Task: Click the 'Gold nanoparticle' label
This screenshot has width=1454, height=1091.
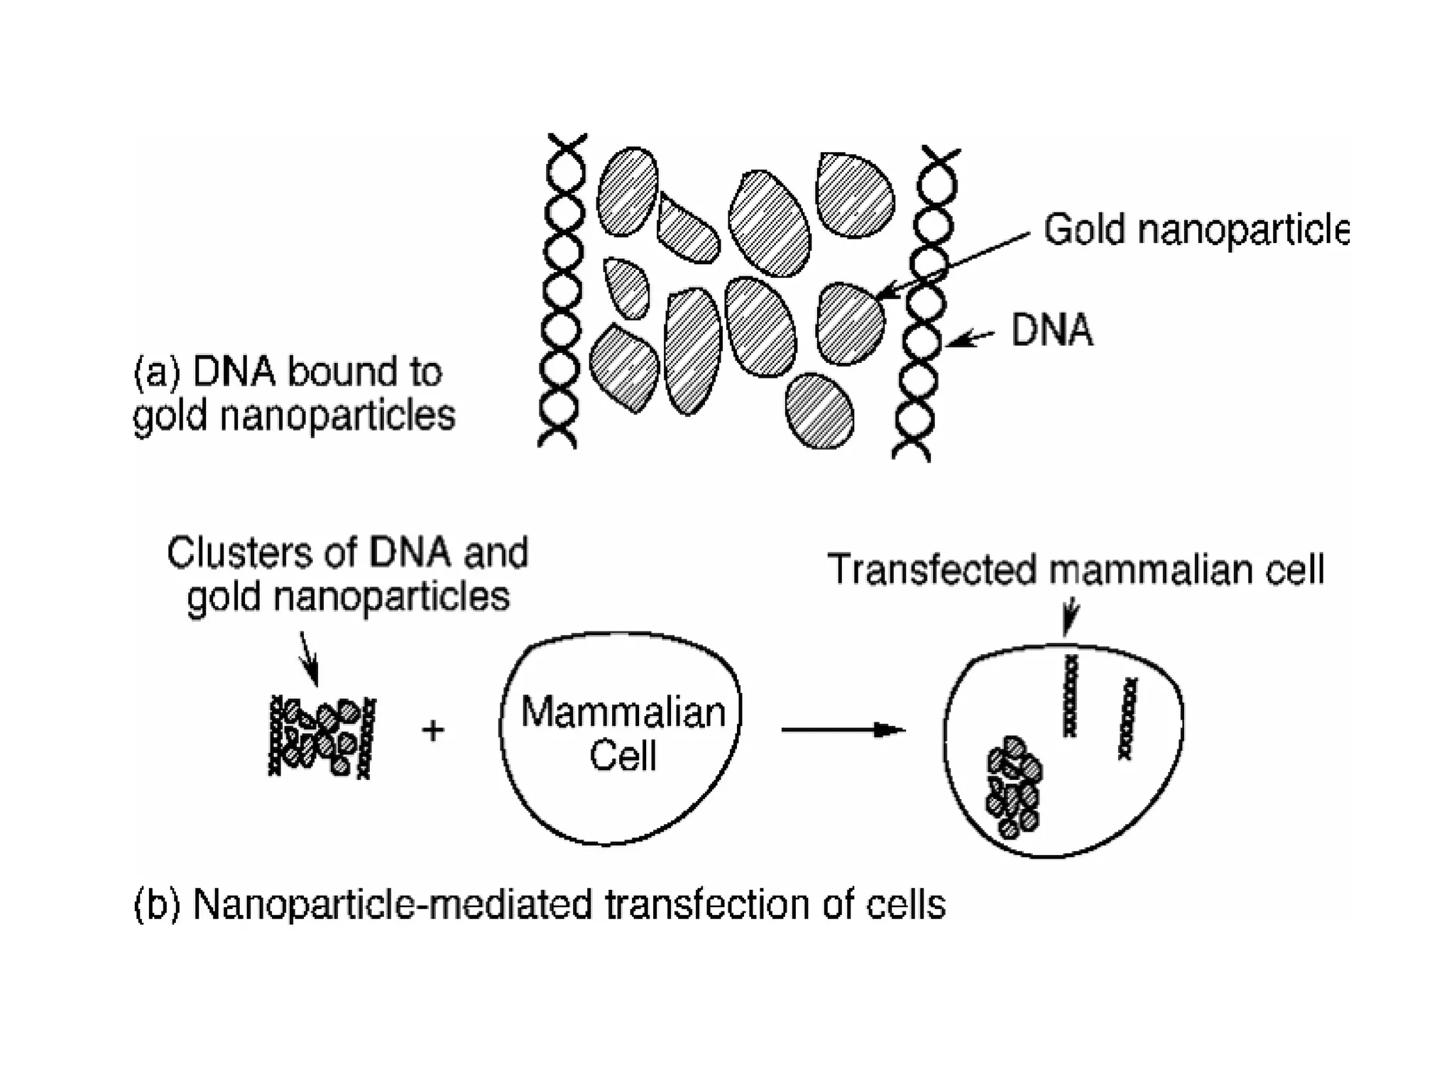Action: (x=1195, y=230)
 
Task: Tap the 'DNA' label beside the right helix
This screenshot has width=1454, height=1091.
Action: (x=1051, y=331)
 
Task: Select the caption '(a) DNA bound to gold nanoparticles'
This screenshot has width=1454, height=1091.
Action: (x=294, y=393)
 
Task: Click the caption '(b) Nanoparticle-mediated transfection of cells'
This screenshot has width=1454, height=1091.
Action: (x=540, y=905)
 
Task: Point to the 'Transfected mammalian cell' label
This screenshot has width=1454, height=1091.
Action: (x=1076, y=570)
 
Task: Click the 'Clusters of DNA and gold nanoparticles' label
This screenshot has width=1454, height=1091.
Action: (x=348, y=574)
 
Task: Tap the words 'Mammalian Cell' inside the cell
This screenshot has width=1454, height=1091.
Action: (x=623, y=733)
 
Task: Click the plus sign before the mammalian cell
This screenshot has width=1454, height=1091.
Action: (x=432, y=730)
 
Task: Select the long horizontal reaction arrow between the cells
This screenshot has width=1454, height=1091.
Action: (x=843, y=730)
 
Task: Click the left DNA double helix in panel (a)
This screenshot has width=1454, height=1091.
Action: (x=563, y=291)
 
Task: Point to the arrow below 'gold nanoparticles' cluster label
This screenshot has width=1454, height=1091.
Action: (x=309, y=658)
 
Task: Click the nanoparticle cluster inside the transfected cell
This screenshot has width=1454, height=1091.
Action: (x=1014, y=786)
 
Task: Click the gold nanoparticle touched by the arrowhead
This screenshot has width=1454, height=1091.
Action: (x=850, y=324)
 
